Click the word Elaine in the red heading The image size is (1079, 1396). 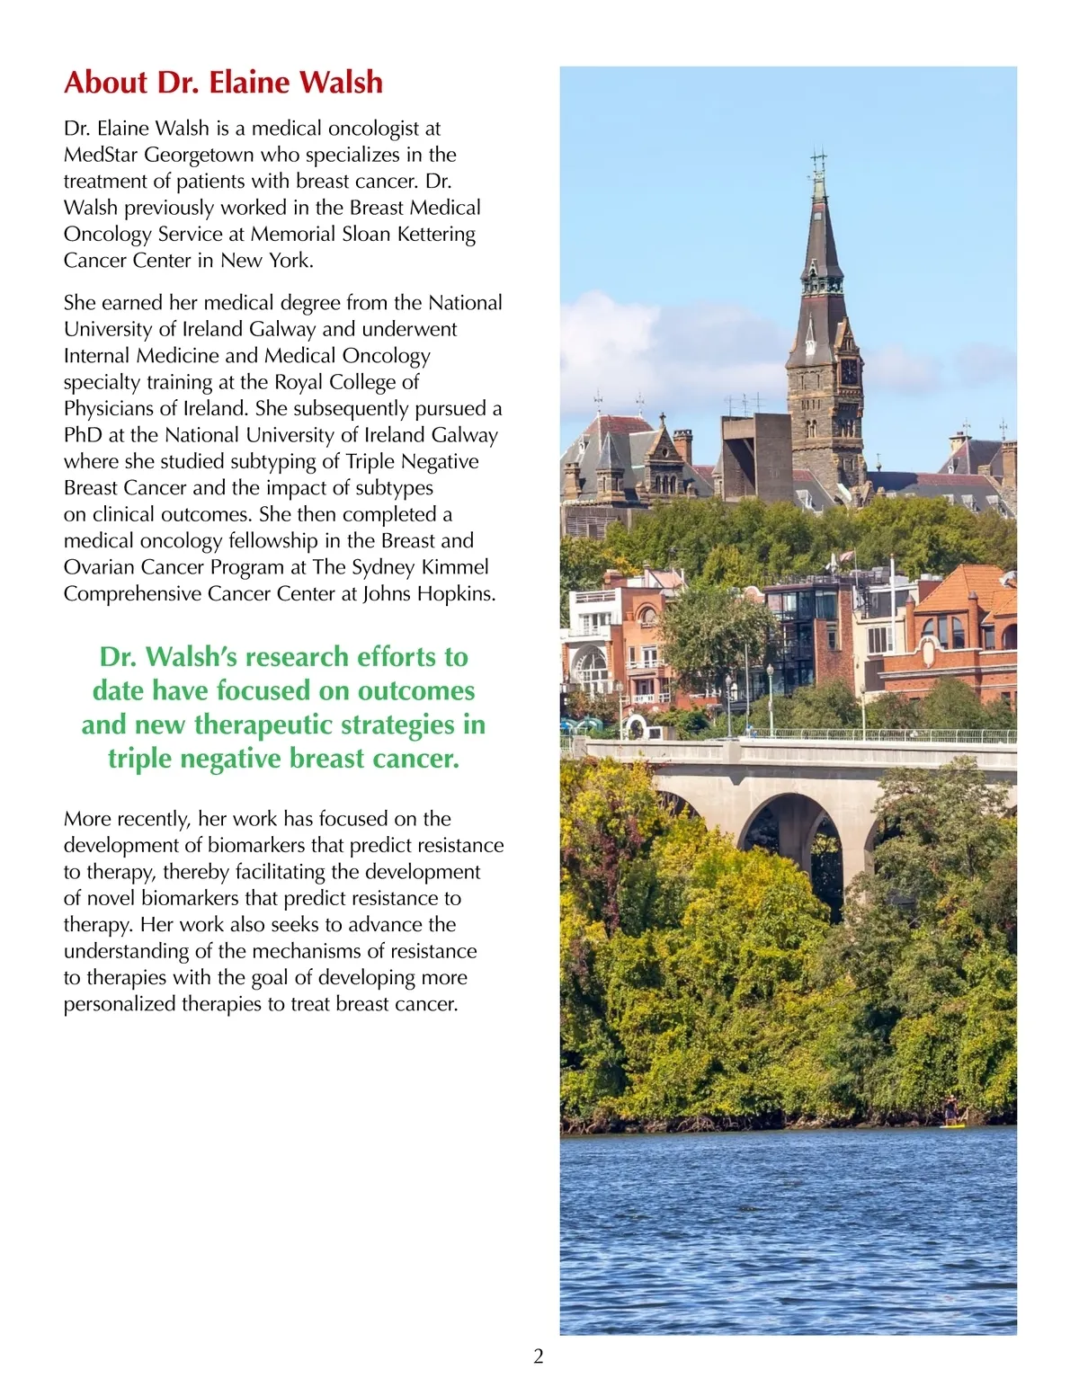tap(249, 83)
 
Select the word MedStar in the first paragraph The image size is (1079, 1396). tap(100, 155)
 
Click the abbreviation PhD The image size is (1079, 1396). tap(83, 435)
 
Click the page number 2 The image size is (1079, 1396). tap(539, 1356)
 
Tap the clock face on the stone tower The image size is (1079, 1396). tap(848, 370)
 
